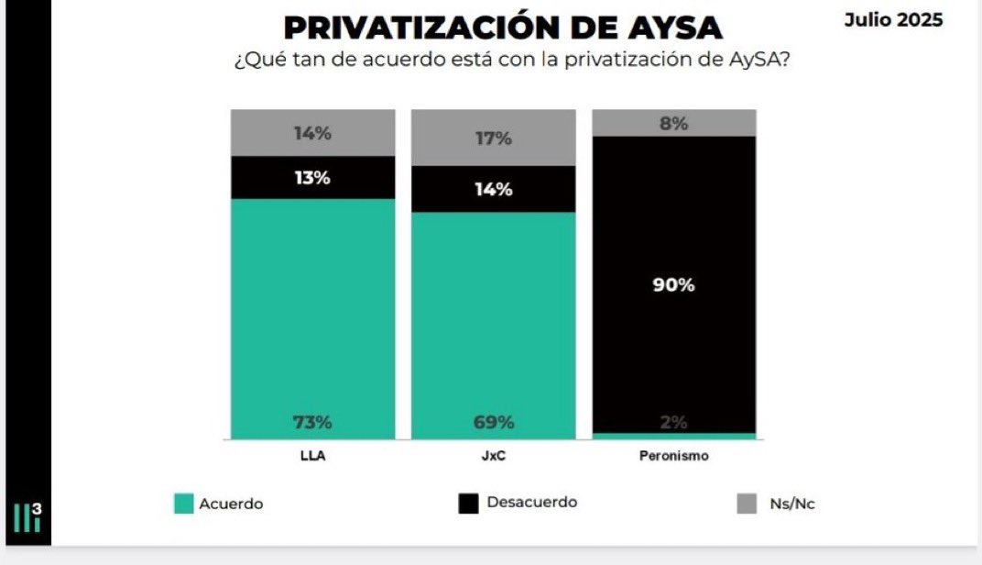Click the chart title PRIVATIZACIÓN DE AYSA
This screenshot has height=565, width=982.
click(x=503, y=28)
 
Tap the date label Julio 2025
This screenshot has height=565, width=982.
click(x=893, y=20)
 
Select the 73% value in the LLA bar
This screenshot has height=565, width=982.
click(x=312, y=422)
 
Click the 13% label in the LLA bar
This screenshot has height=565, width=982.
click(x=312, y=178)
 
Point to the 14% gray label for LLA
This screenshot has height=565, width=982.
click(x=312, y=133)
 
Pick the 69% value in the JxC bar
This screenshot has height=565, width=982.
click(x=494, y=422)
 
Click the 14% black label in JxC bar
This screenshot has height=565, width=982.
click(x=494, y=189)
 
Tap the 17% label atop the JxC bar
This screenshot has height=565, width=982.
click(x=494, y=138)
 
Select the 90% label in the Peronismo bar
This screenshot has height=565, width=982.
click(x=674, y=285)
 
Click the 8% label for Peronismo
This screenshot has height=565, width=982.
click(x=674, y=124)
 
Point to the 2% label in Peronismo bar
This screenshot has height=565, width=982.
click(x=674, y=422)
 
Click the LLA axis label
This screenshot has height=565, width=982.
click(x=312, y=456)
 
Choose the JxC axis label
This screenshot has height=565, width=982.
click(x=494, y=456)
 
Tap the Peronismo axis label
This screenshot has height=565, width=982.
click(x=674, y=456)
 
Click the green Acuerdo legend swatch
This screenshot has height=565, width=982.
click(x=183, y=504)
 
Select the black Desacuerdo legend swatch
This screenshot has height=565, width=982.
click(x=468, y=504)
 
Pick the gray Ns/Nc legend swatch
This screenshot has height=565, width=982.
click(x=747, y=504)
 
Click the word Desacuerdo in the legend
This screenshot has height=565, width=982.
click(x=531, y=503)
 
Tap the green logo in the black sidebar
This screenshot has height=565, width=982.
click(x=27, y=517)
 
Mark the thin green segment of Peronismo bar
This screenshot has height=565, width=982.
click(x=674, y=436)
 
